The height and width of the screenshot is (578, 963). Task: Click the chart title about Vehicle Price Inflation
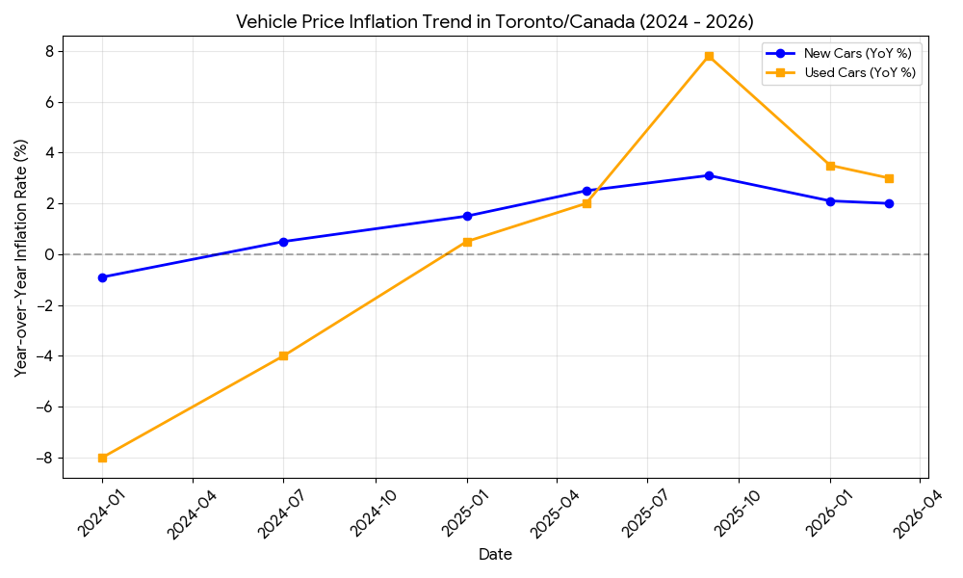(495, 21)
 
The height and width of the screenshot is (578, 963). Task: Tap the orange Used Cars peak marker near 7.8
(709, 56)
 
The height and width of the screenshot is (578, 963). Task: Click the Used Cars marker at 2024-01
(102, 458)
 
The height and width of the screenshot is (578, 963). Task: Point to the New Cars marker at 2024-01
(102, 277)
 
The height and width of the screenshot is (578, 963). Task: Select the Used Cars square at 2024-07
(283, 355)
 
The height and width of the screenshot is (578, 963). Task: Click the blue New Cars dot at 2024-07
(283, 242)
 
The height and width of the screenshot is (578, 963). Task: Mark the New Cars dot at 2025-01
(467, 216)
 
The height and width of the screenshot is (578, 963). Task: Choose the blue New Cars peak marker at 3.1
(709, 175)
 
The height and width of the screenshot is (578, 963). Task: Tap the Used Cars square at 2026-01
(830, 166)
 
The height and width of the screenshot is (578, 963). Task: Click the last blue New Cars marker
(889, 203)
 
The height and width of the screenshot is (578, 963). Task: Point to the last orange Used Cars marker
(889, 178)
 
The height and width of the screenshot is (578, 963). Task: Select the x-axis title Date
(495, 555)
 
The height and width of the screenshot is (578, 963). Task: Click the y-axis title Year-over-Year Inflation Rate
(20, 257)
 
